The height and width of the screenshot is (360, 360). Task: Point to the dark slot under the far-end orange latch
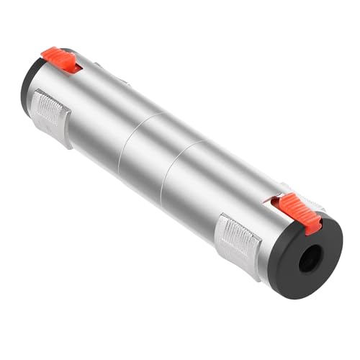click(76, 68)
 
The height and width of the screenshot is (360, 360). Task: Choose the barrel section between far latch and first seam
click(94, 122)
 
